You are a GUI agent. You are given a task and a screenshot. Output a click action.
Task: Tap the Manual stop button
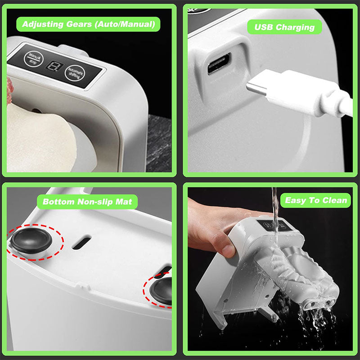tap(33, 59)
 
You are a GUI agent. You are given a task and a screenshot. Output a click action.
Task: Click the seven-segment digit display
tap(54, 66)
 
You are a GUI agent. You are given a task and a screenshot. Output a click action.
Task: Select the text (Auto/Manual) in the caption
tap(125, 24)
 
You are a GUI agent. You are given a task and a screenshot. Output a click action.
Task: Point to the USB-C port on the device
tap(219, 63)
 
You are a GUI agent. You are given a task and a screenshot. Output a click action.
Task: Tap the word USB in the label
tap(264, 27)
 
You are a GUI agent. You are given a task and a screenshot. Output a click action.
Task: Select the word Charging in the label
tap(295, 27)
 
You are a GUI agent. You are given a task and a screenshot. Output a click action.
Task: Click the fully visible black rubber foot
tap(31, 240)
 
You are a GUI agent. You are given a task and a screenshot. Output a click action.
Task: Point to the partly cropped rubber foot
tap(161, 290)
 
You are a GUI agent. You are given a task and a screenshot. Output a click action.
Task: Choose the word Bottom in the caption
tap(59, 202)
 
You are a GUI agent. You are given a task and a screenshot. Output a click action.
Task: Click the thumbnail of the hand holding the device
tap(270, 269)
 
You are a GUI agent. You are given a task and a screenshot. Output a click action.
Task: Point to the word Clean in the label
tap(334, 200)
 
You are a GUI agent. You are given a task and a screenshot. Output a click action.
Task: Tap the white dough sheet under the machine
tap(39, 140)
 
